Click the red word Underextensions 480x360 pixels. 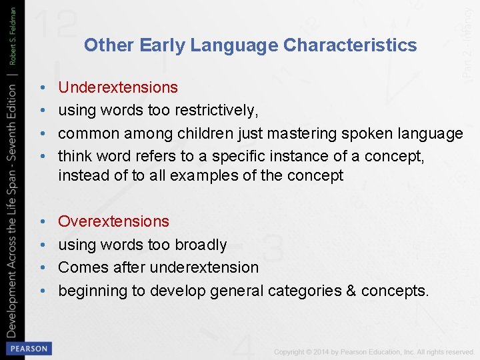[118, 87]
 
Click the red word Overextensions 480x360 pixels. [114, 221]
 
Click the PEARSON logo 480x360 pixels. [27, 348]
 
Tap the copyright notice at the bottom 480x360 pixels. [374, 351]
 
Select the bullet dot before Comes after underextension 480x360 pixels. [42, 267]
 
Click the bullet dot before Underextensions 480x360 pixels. [42, 87]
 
